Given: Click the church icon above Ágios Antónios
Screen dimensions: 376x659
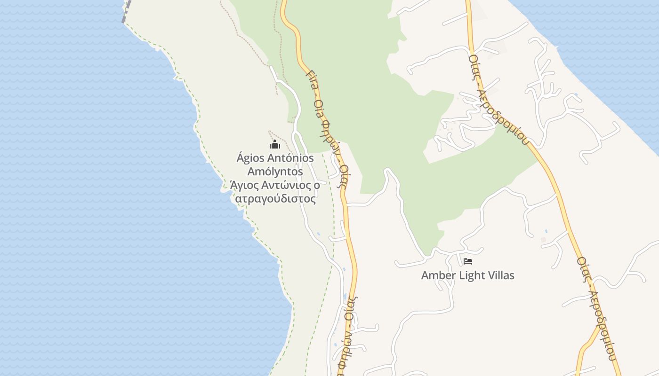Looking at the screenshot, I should [275, 144].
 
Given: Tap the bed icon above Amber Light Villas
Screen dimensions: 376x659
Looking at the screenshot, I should [467, 261].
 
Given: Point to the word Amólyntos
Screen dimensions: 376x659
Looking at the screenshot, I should [275, 172].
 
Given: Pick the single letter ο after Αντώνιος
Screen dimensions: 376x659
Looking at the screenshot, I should [317, 185].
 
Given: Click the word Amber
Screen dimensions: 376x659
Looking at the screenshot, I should [437, 275].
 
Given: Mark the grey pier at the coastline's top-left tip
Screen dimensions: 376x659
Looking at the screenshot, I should [126, 10].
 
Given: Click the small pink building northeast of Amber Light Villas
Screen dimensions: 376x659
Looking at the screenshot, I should [543, 240].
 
